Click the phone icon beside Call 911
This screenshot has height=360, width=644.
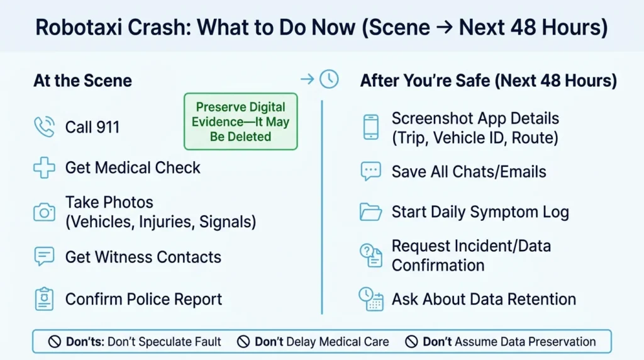44,127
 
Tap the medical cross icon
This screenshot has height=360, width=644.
44,167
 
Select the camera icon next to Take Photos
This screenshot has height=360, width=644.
45,212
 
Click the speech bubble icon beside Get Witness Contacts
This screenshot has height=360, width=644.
44,256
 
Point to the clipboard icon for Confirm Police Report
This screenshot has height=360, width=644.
45,299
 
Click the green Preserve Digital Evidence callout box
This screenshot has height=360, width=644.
241,121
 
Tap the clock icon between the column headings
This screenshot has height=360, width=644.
330,79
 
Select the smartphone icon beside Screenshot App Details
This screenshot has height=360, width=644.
371,127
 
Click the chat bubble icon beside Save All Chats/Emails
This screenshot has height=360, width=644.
371,171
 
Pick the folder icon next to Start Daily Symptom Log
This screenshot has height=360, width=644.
370,212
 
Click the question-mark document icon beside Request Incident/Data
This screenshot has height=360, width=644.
371,256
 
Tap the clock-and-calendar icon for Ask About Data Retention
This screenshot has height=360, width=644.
371,299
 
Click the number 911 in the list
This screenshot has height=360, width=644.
106,127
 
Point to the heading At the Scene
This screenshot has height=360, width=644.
82,81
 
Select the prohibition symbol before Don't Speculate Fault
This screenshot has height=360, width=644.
55,342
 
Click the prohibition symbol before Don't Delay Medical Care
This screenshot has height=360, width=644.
243,342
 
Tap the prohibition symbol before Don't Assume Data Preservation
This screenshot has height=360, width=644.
411,342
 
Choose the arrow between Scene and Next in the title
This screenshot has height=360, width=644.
445,28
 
